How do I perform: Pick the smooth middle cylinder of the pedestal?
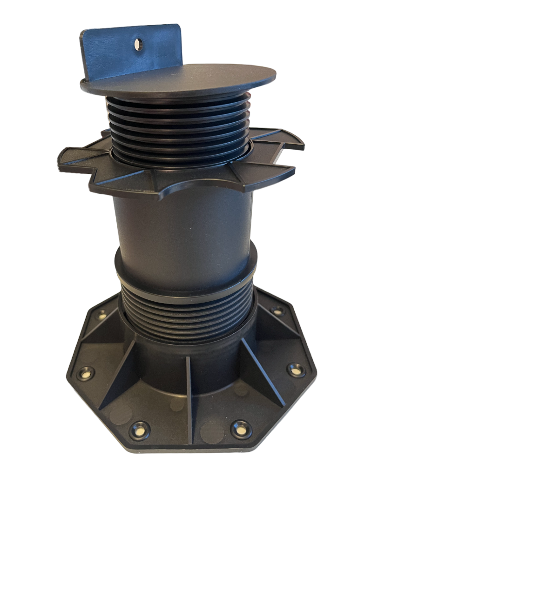(184, 232)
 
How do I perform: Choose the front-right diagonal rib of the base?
(263, 372)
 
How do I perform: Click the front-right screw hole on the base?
(240, 428)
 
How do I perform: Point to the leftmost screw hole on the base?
(86, 372)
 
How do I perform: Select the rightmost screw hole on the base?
(294, 370)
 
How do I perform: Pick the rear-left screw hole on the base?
(102, 315)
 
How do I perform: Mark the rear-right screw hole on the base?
(278, 311)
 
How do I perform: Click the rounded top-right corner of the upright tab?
(177, 28)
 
